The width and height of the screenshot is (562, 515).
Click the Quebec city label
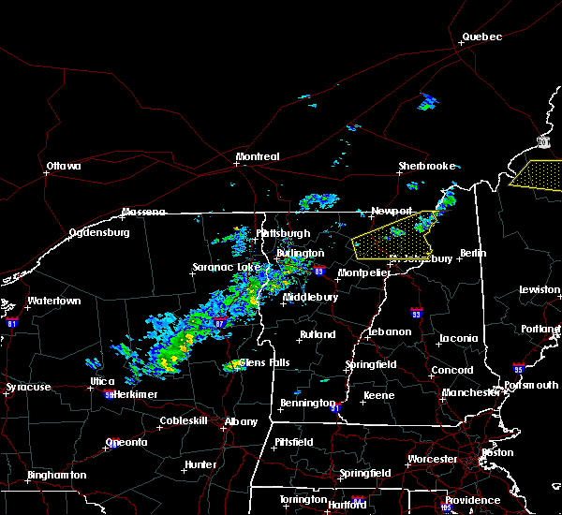click(x=481, y=37)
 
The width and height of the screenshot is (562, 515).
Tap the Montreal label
click(x=258, y=156)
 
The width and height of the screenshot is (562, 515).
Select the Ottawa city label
click(x=64, y=167)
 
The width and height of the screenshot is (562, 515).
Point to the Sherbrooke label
click(x=426, y=166)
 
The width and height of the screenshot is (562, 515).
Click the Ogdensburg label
click(x=98, y=232)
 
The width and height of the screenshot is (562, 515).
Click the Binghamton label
click(x=56, y=475)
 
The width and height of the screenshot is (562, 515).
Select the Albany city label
click(x=241, y=421)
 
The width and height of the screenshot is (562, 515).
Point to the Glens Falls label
click(x=264, y=362)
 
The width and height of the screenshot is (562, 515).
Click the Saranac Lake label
click(x=226, y=267)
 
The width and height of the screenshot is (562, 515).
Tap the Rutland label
click(x=318, y=334)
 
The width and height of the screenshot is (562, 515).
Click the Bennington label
click(x=306, y=404)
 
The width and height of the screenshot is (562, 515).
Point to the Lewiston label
click(x=540, y=290)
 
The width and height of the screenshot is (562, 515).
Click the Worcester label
click(x=432, y=459)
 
